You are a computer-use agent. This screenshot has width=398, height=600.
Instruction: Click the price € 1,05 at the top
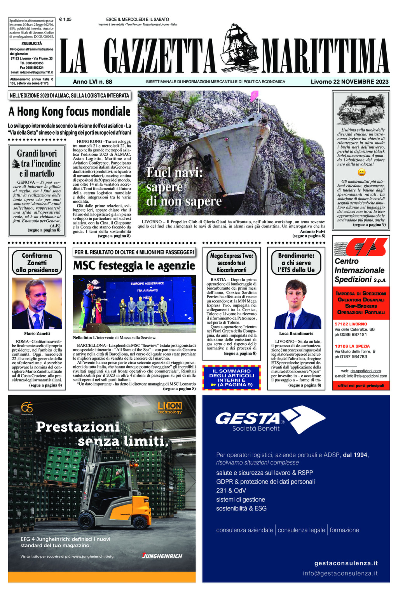click(x=65, y=19)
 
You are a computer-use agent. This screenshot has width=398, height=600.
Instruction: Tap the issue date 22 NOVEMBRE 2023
click(x=349, y=82)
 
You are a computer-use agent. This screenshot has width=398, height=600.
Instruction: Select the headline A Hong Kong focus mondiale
click(x=70, y=112)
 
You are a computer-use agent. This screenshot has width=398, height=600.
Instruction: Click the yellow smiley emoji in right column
click(x=361, y=172)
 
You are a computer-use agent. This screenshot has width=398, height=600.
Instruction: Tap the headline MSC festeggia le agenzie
click(x=134, y=266)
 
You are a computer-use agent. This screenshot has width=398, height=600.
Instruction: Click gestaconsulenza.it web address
click(x=346, y=563)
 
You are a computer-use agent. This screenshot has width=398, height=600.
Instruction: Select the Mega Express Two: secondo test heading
click(x=231, y=263)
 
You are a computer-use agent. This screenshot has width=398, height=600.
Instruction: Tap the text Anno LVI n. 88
click(x=93, y=82)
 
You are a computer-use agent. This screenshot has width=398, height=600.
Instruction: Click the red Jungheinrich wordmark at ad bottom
click(x=162, y=556)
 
